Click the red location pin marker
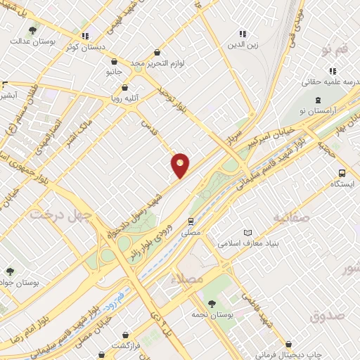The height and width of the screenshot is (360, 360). [x=181, y=165]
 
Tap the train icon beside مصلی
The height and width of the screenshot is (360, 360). [x=191, y=220]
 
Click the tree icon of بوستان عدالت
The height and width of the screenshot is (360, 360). [x=32, y=30]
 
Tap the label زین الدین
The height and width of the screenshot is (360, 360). [x=242, y=45]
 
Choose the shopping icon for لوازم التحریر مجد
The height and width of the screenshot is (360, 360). [x=157, y=52]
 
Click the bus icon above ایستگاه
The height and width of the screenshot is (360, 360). [x=342, y=173]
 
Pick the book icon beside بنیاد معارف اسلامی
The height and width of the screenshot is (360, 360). [x=247, y=233]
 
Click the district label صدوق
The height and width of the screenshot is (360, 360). [x=326, y=315]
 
